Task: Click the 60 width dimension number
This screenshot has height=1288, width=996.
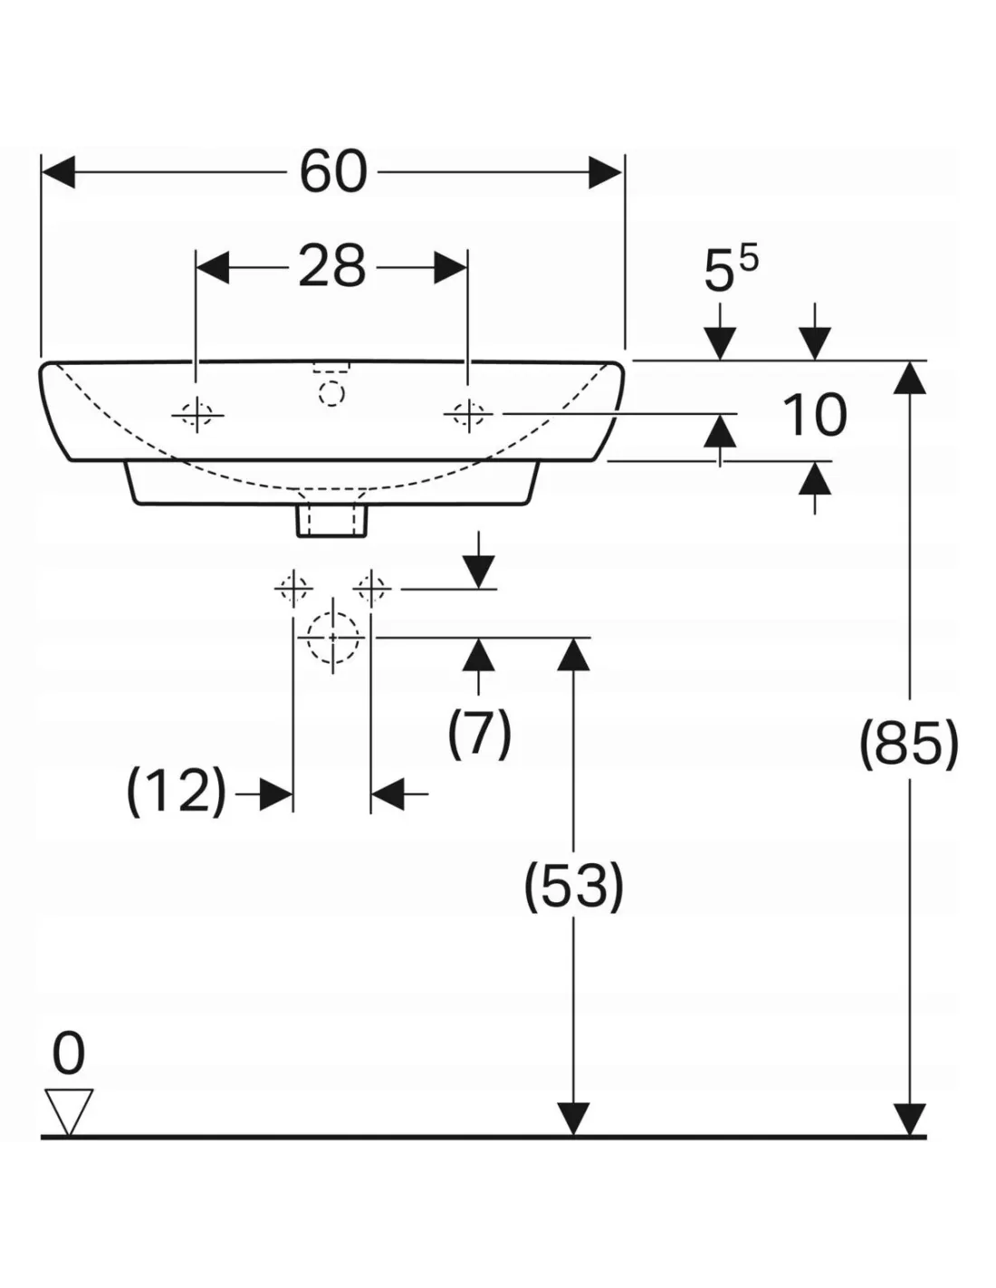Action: (x=333, y=171)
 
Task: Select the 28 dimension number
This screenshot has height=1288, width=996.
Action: (x=332, y=267)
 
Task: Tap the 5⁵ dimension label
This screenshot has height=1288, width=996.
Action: (x=730, y=270)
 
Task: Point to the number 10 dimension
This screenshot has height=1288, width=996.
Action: (x=814, y=416)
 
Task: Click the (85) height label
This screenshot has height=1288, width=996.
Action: (x=908, y=745)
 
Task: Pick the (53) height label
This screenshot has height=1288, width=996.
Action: (x=574, y=885)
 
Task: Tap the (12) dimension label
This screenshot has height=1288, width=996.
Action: (x=176, y=790)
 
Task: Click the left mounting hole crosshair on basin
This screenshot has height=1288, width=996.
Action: (x=196, y=415)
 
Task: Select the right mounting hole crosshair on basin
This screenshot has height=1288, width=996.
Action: (x=467, y=414)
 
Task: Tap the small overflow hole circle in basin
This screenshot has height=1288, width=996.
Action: (x=332, y=392)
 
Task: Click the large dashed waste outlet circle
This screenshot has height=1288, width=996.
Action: (x=333, y=638)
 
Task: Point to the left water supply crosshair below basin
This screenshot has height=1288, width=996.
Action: (x=293, y=590)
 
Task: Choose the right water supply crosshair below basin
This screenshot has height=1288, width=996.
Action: (x=371, y=590)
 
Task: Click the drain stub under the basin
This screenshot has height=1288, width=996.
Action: (x=332, y=521)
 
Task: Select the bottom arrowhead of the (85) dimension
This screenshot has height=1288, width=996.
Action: (x=909, y=1120)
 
